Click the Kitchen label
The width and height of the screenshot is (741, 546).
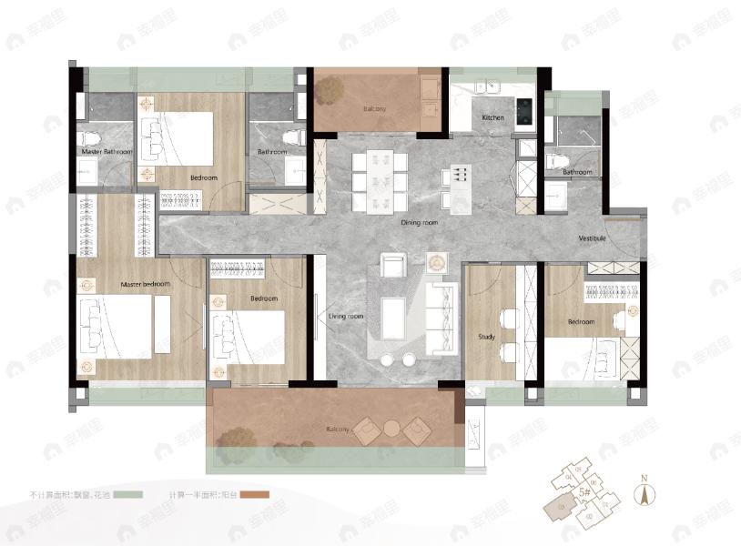coord(492,118)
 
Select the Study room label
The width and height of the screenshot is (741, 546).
coord(487,338)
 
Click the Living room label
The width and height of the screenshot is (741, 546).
coord(346,316)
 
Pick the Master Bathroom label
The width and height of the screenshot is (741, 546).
coord(106,151)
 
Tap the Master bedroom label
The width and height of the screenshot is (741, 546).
coord(146,285)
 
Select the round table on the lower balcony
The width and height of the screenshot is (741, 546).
coord(391,427)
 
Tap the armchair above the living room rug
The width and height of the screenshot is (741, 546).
coord(392,266)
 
